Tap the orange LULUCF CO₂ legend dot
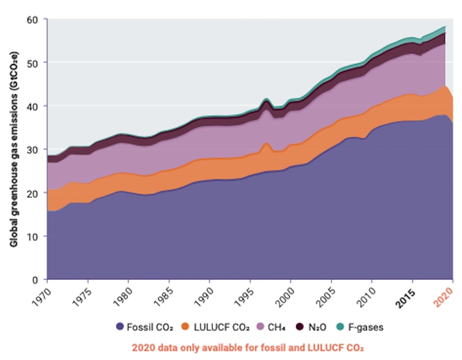(185, 327)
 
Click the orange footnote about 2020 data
(247, 347)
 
